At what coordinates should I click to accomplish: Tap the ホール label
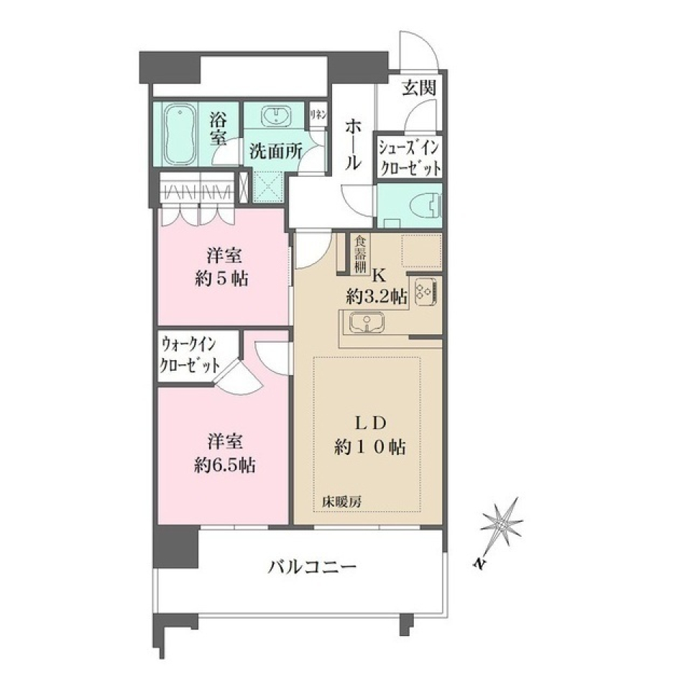[x=353, y=144]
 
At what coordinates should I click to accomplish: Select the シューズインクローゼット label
[x=410, y=157]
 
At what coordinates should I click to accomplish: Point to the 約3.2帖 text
[x=376, y=295]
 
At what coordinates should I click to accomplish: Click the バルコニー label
[x=312, y=568]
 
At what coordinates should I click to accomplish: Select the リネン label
[x=318, y=114]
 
